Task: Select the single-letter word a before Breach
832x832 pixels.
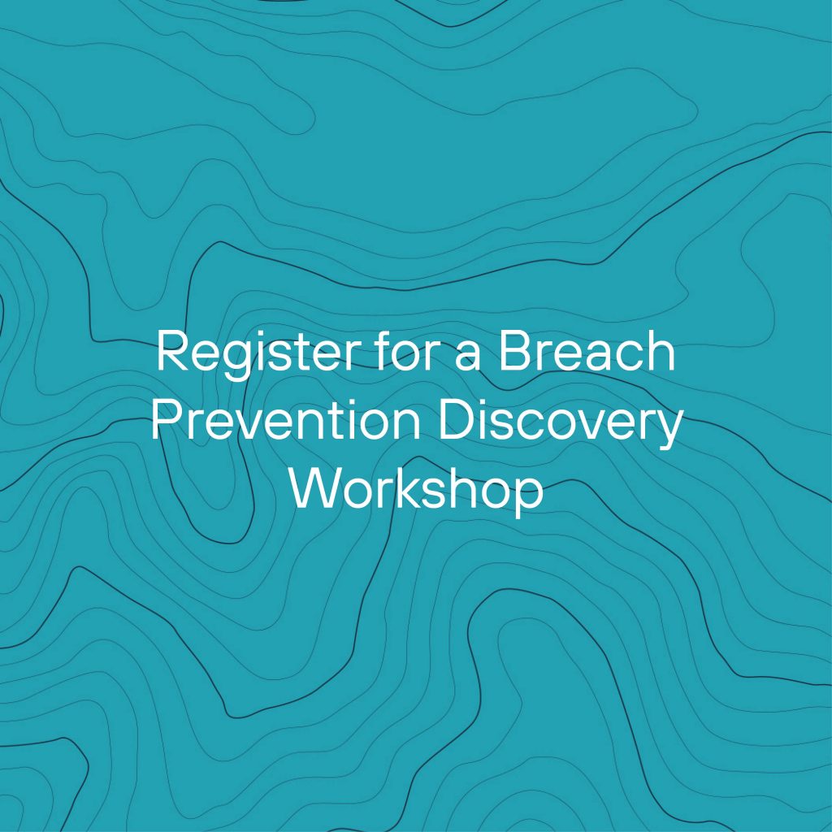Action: (x=467, y=356)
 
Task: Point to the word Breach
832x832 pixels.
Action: (x=587, y=350)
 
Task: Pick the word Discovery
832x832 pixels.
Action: (x=559, y=424)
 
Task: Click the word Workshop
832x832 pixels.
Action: (x=417, y=491)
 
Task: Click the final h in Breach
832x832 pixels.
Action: (x=662, y=350)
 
